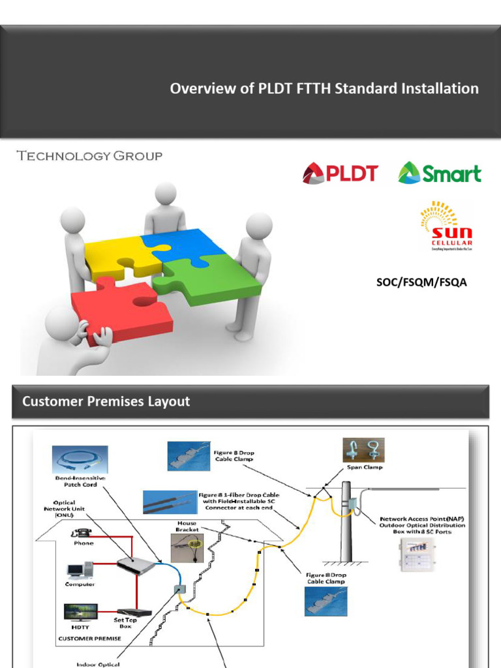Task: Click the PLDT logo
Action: coord(340,174)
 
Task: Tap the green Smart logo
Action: coord(440,173)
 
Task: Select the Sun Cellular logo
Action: coord(447,226)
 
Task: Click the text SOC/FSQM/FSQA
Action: coord(421,282)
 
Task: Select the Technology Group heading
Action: coord(89,156)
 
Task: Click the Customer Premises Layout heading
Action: coord(106,401)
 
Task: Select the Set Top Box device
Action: coord(134,613)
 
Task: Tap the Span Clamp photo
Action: coord(364,449)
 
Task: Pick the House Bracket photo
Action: coord(187,547)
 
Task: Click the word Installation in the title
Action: coord(440,89)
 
